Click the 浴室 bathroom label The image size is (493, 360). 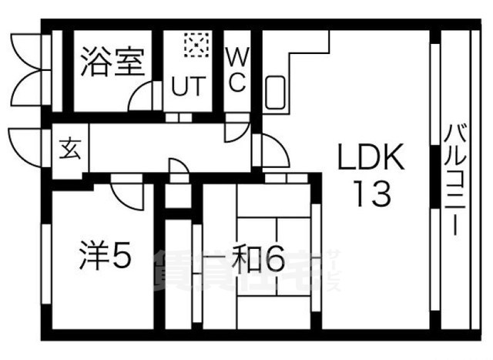point(113,61)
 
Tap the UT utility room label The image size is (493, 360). point(189,86)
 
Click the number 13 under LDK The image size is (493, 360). point(372,193)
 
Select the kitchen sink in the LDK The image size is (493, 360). point(277,94)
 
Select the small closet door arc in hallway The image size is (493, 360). point(177,169)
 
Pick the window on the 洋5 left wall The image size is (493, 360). point(46,262)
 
